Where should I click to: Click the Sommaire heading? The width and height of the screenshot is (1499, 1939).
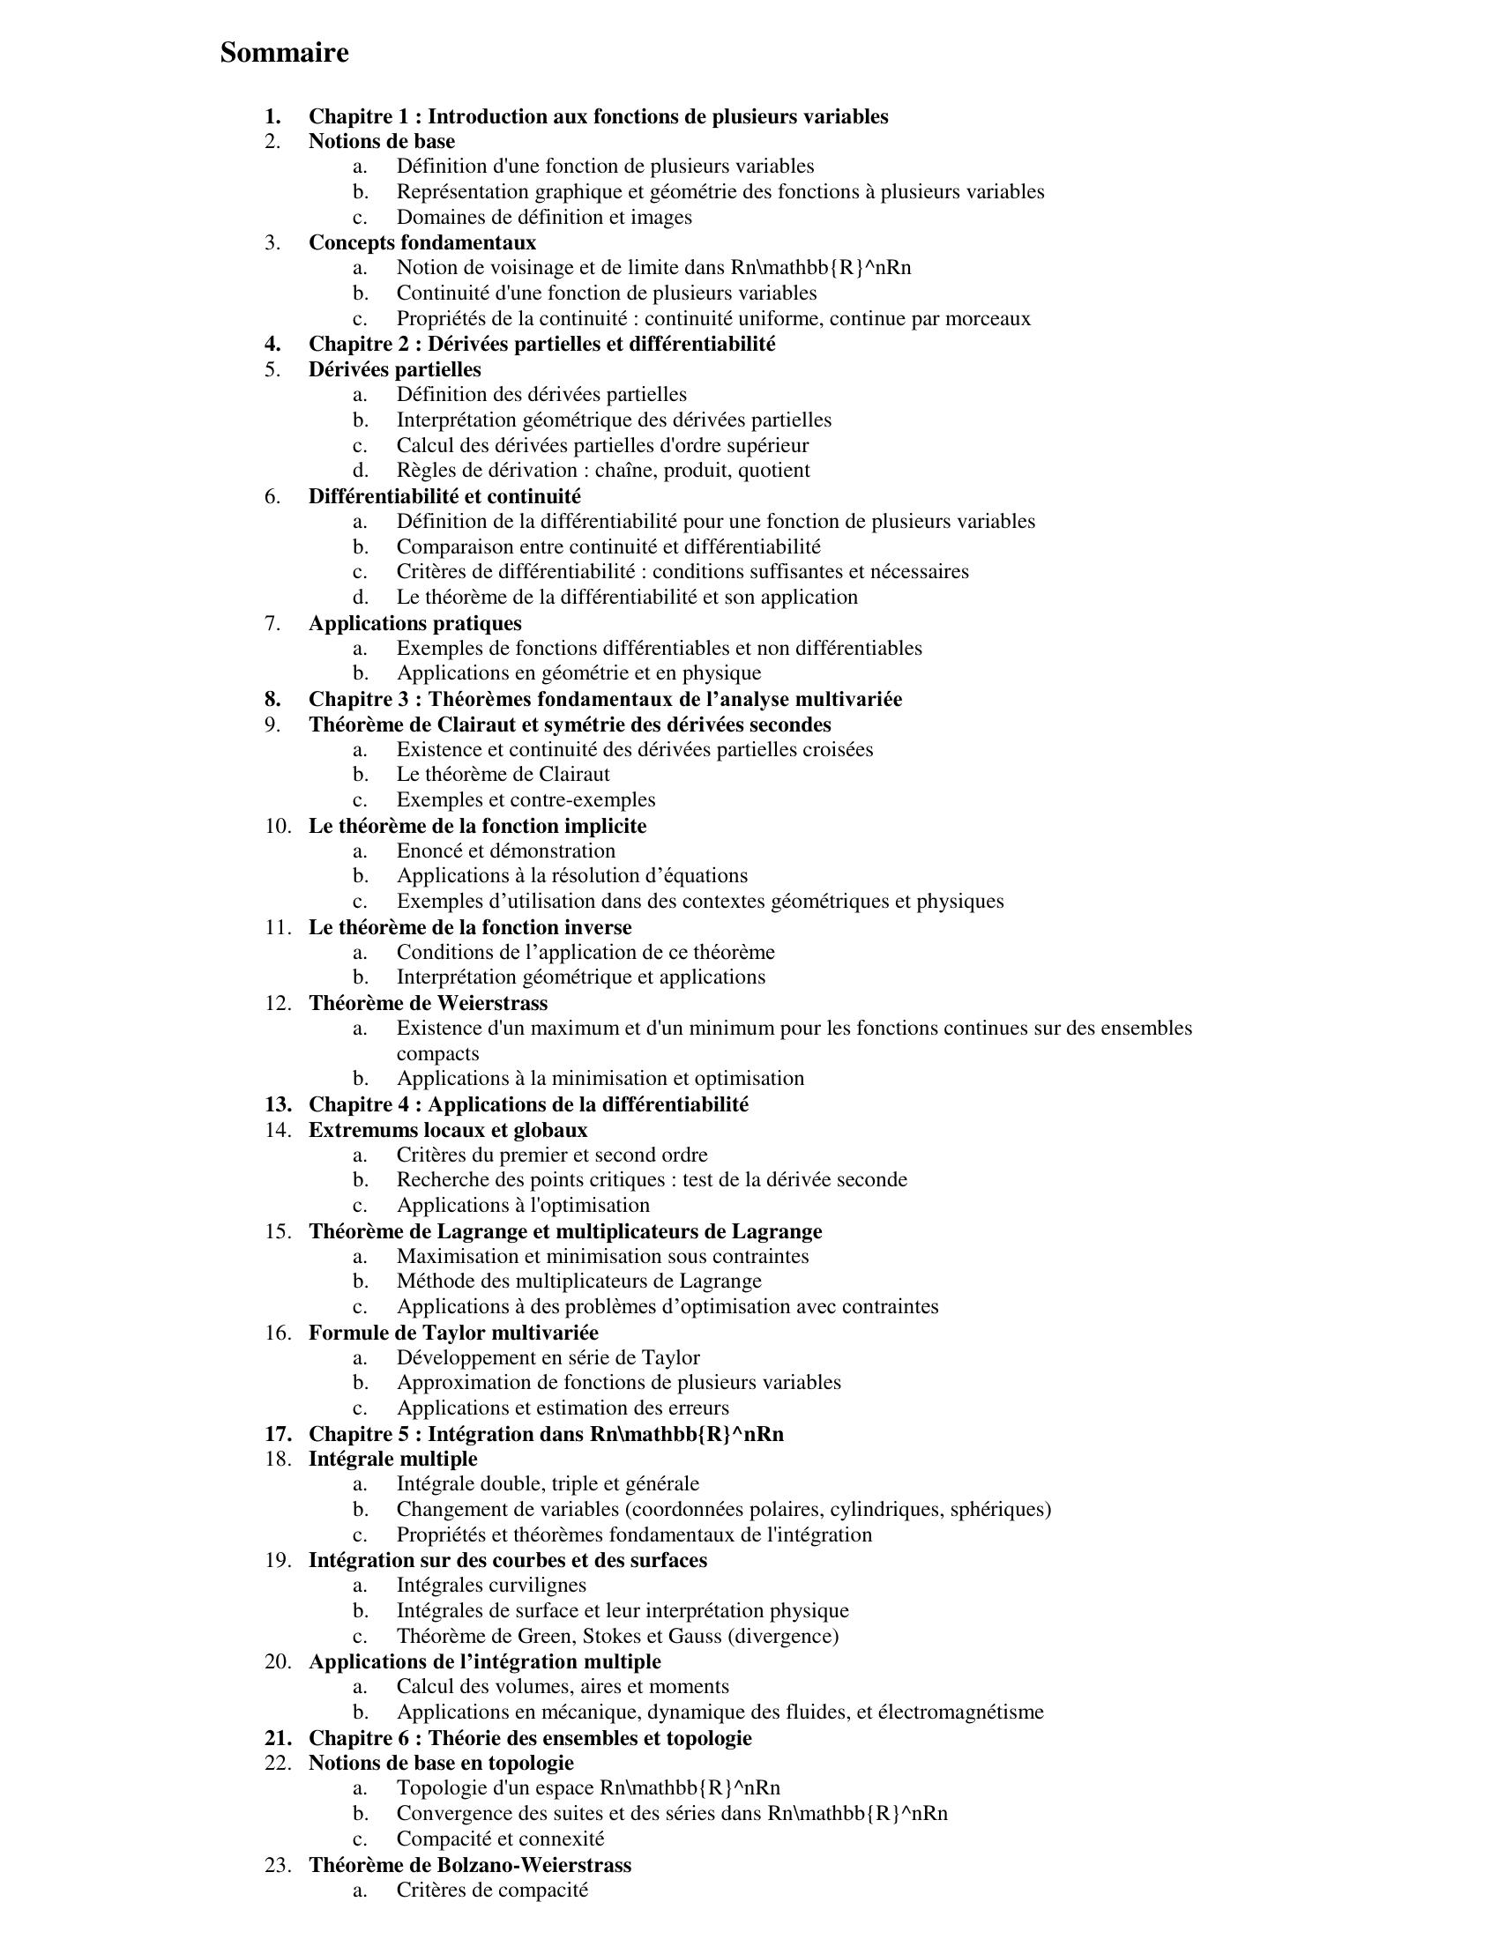[x=284, y=53]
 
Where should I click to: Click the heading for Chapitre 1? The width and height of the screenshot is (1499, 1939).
[x=598, y=116]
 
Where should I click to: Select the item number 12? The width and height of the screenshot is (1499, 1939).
[x=277, y=1003]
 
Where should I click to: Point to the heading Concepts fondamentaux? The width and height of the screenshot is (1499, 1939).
[x=421, y=242]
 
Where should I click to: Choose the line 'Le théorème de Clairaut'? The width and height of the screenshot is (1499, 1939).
[x=503, y=774]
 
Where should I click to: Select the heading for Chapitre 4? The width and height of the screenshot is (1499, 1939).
[x=528, y=1104]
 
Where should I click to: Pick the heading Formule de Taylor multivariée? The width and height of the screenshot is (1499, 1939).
[x=453, y=1333]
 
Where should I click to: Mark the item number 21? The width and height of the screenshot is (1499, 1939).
[x=277, y=1737]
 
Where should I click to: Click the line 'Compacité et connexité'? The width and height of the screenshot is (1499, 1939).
[x=500, y=1839]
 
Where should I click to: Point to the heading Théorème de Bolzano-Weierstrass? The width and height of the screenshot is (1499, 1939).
[x=470, y=1864]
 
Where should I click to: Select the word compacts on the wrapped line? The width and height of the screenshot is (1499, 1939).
[x=438, y=1054]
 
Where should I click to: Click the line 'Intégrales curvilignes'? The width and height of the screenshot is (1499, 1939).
[x=491, y=1585]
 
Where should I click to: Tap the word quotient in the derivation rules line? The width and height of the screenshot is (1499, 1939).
[x=773, y=471]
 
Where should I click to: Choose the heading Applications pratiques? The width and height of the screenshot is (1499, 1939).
[x=414, y=623]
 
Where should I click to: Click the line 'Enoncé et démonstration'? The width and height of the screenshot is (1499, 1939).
[x=505, y=851]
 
